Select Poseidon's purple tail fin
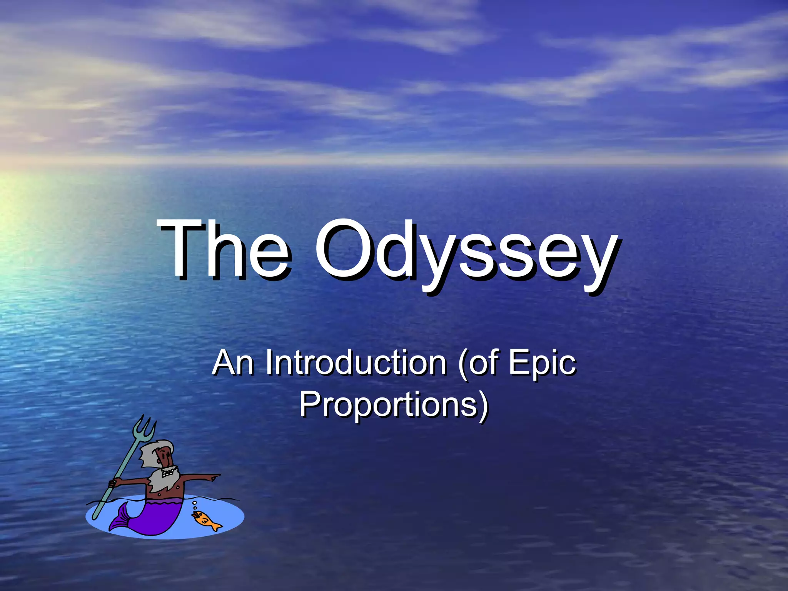pyautogui.click(x=119, y=519)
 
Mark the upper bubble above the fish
pyautogui.click(x=195, y=503)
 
